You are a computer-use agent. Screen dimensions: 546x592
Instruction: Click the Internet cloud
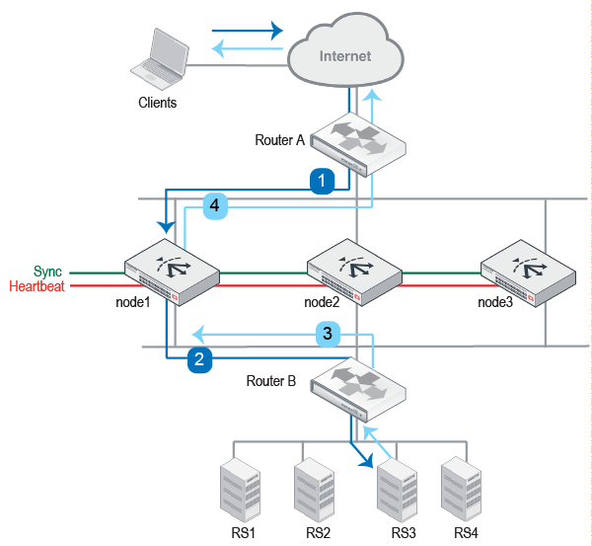tap(344, 57)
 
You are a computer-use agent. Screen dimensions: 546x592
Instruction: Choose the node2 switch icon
tap(351, 269)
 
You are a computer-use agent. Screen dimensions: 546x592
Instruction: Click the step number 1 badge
tap(323, 181)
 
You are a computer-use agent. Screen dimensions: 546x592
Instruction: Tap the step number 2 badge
tap(200, 360)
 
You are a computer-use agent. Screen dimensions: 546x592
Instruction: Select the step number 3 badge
tap(329, 334)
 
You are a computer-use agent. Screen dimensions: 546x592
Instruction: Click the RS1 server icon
tap(238, 490)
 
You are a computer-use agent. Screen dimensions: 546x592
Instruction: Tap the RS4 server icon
tap(461, 488)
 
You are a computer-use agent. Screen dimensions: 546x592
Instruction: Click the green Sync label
tap(47, 271)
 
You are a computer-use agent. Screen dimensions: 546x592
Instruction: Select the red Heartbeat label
tap(36, 286)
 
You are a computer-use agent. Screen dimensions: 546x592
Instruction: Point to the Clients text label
tap(158, 103)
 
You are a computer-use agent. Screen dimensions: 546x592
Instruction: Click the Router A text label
tap(279, 140)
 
